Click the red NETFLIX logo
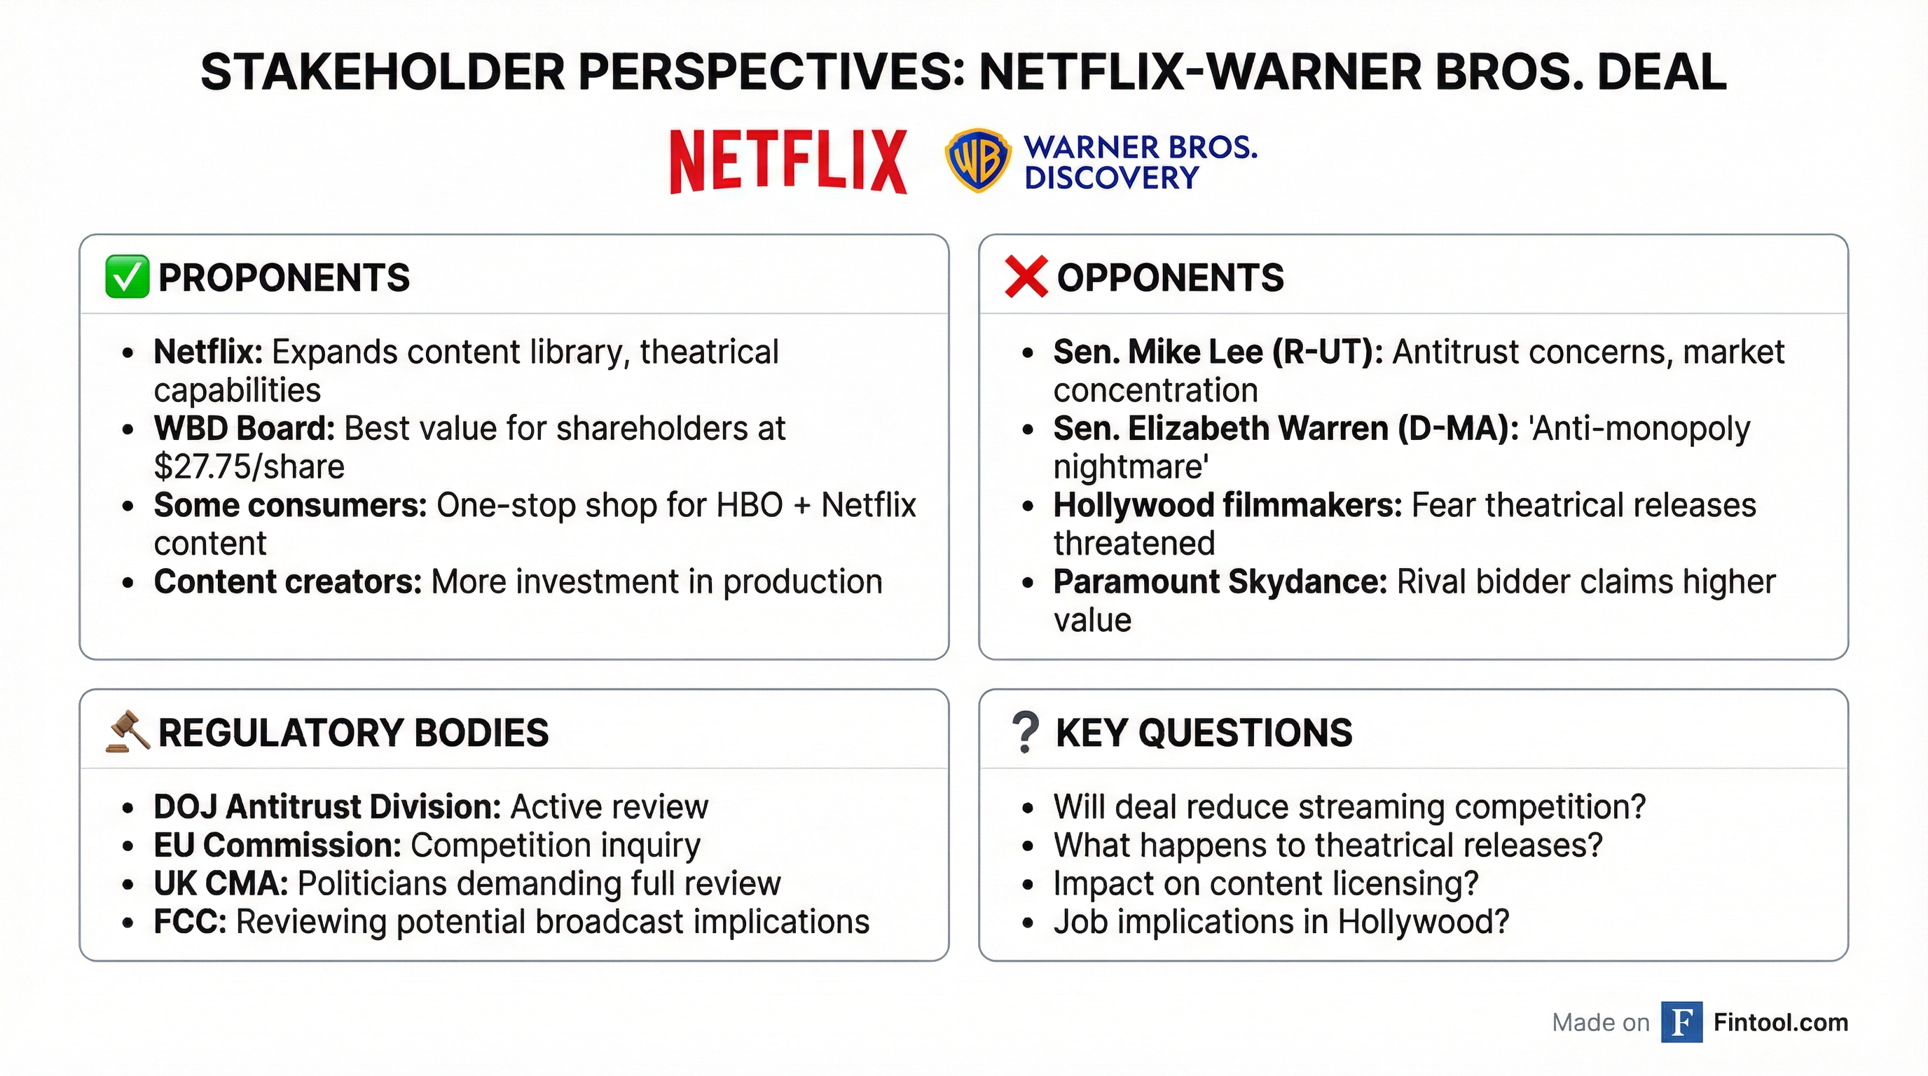[788, 162]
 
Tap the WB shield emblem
[977, 160]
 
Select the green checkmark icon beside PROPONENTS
[127, 277]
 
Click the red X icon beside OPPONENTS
[1026, 277]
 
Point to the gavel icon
[128, 731]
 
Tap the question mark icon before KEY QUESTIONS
[1026, 732]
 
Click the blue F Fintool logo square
[1681, 1022]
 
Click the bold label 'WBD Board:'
[244, 429]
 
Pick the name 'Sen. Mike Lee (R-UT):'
[1218, 352]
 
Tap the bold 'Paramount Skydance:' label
[1220, 582]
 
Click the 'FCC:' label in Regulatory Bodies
[190, 922]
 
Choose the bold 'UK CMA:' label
[221, 883]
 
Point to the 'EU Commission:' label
[277, 846]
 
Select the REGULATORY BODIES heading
[353, 733]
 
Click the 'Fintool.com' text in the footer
[1781, 1022]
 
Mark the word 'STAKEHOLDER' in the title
[383, 73]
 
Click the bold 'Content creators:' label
[288, 582]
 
